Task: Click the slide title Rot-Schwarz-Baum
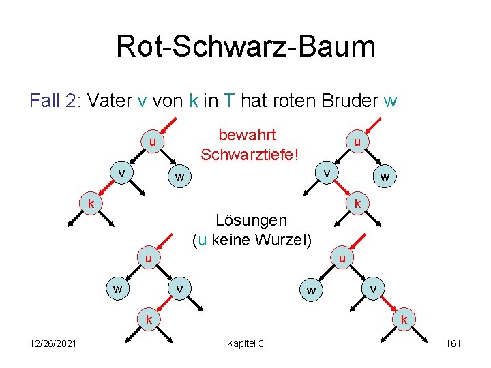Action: click(x=245, y=46)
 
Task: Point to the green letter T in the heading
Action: click(x=228, y=101)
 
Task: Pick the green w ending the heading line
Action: click(x=390, y=101)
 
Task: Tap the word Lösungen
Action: click(x=251, y=220)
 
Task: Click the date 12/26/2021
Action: click(x=53, y=343)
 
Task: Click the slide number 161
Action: click(x=453, y=343)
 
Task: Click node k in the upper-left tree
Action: click(x=89, y=203)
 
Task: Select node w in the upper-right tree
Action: click(x=385, y=177)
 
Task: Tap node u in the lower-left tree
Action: click(x=147, y=259)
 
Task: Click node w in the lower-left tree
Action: click(x=118, y=289)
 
